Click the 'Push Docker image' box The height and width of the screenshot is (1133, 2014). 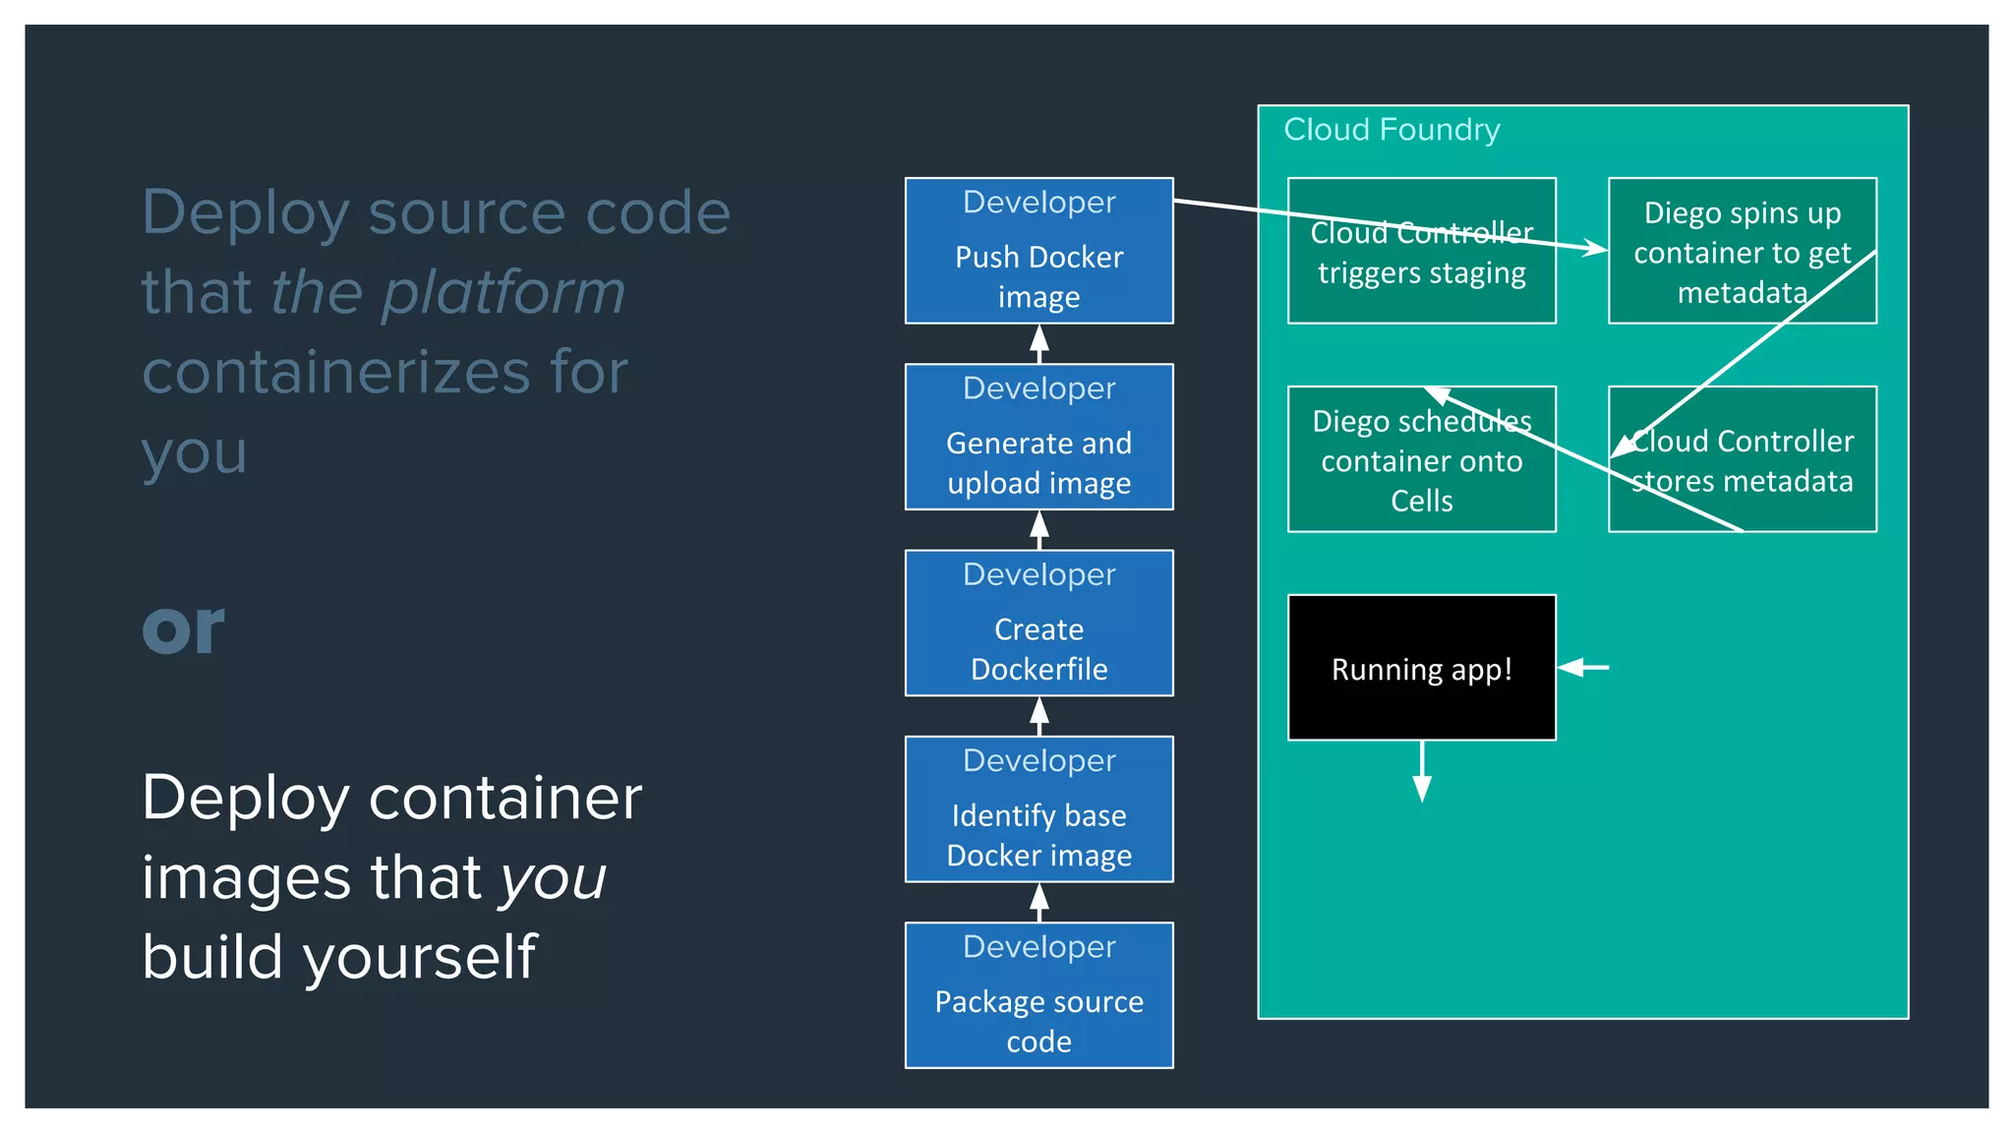[1038, 251]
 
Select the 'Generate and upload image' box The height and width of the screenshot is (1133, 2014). [1038, 438]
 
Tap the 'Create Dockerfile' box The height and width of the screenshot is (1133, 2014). [1038, 624]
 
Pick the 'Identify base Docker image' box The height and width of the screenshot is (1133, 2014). [1038, 809]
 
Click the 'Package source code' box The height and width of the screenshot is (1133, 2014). [1038, 995]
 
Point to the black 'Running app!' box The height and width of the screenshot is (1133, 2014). [1421, 668]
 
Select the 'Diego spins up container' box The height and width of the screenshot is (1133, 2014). [1742, 251]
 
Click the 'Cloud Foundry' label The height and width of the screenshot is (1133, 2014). [1392, 130]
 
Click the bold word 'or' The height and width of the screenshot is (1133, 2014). [183, 629]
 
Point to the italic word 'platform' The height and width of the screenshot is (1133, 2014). [503, 293]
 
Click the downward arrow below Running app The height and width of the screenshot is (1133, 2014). [1421, 773]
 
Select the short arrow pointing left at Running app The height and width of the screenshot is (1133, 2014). [1583, 668]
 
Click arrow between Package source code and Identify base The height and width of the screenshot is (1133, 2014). [1038, 902]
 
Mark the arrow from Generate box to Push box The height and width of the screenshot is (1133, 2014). [1038, 343]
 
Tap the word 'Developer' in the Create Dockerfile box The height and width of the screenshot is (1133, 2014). [1038, 574]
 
